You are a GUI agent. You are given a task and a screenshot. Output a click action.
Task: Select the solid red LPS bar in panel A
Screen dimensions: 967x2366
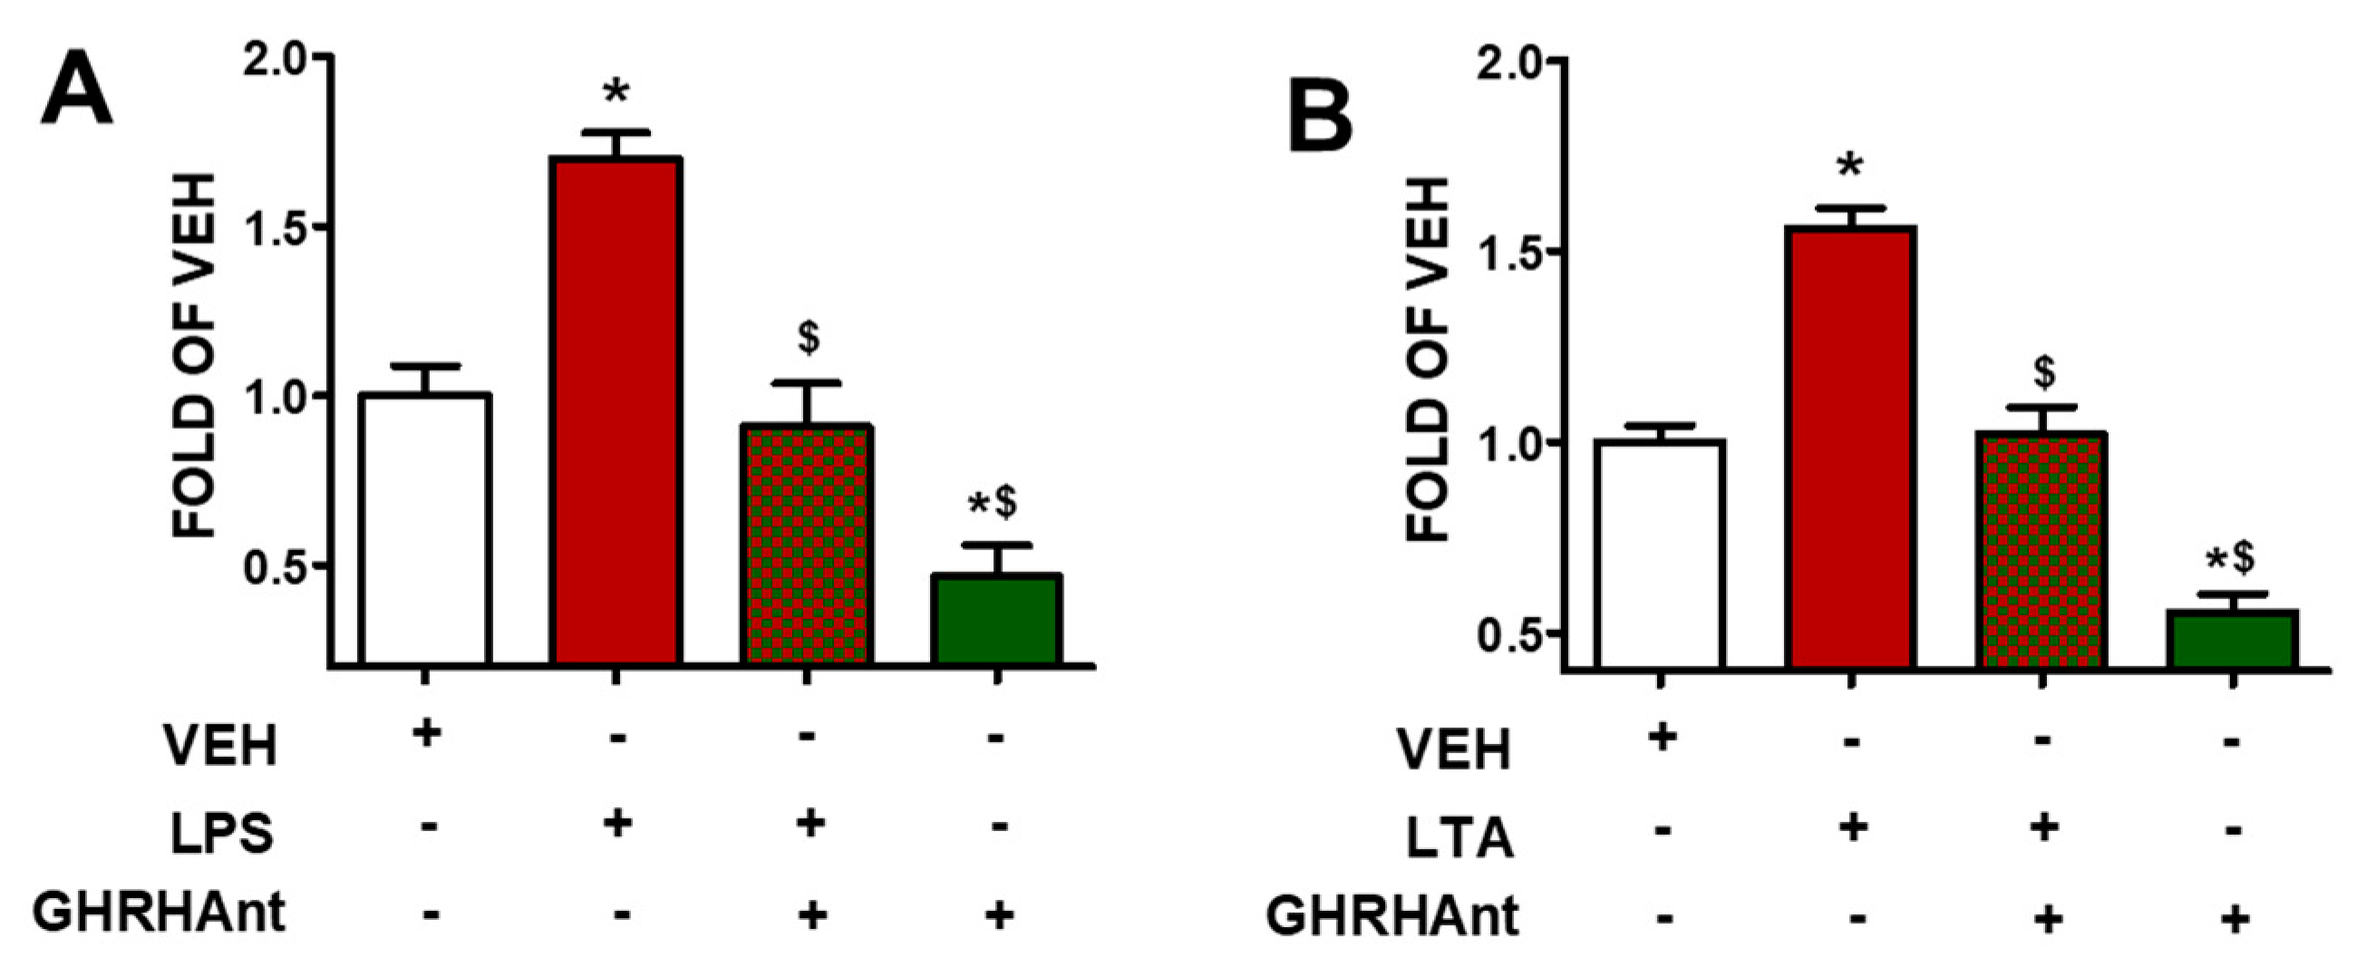pyautogui.click(x=616, y=411)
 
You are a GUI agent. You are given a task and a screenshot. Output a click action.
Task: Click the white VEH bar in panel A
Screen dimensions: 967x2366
pyautogui.click(x=425, y=528)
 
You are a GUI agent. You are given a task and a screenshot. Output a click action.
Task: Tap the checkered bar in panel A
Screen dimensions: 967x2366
pyautogui.click(x=807, y=544)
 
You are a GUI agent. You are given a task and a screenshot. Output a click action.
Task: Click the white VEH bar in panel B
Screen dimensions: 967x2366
pyautogui.click(x=1660, y=554)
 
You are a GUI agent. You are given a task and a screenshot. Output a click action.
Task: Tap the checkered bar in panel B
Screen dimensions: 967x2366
pyautogui.click(x=2041, y=549)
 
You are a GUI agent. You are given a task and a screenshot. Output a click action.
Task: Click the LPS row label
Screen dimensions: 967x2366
pyautogui.click(x=221, y=834)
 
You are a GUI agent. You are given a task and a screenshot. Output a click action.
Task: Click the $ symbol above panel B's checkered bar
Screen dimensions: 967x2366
pyautogui.click(x=2043, y=372)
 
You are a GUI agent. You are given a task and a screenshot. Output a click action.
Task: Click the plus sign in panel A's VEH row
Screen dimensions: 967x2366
pyautogui.click(x=425, y=734)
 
